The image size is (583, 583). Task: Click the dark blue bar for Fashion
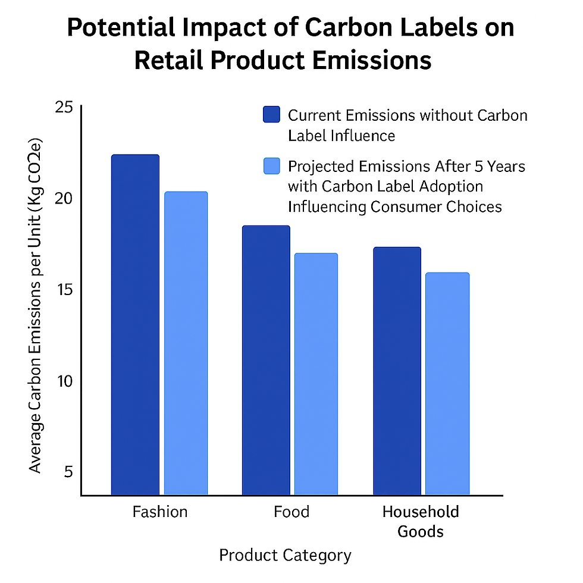point(135,324)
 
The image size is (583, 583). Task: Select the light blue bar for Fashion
point(186,343)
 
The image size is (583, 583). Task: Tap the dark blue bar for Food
point(266,360)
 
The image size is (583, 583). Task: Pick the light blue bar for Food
point(316,374)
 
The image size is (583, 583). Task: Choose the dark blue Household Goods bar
point(397,371)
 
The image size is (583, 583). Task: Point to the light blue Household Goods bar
point(447,383)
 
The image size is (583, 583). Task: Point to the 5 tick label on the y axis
point(67,472)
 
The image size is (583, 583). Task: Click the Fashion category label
point(159,512)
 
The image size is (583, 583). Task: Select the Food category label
point(291,512)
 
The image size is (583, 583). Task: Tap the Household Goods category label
point(421,521)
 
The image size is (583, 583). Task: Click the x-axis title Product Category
point(285,556)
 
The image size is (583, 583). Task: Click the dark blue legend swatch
point(271,114)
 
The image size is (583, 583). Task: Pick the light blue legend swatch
point(271,167)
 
